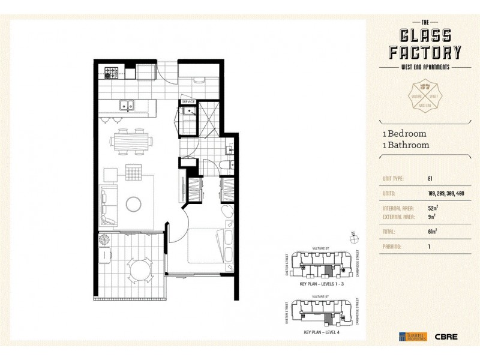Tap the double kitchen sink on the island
coord(127,107)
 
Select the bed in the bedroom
coord(208,247)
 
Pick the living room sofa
coord(107,203)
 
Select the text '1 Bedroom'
coord(404,134)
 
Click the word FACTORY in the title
coord(422,52)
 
